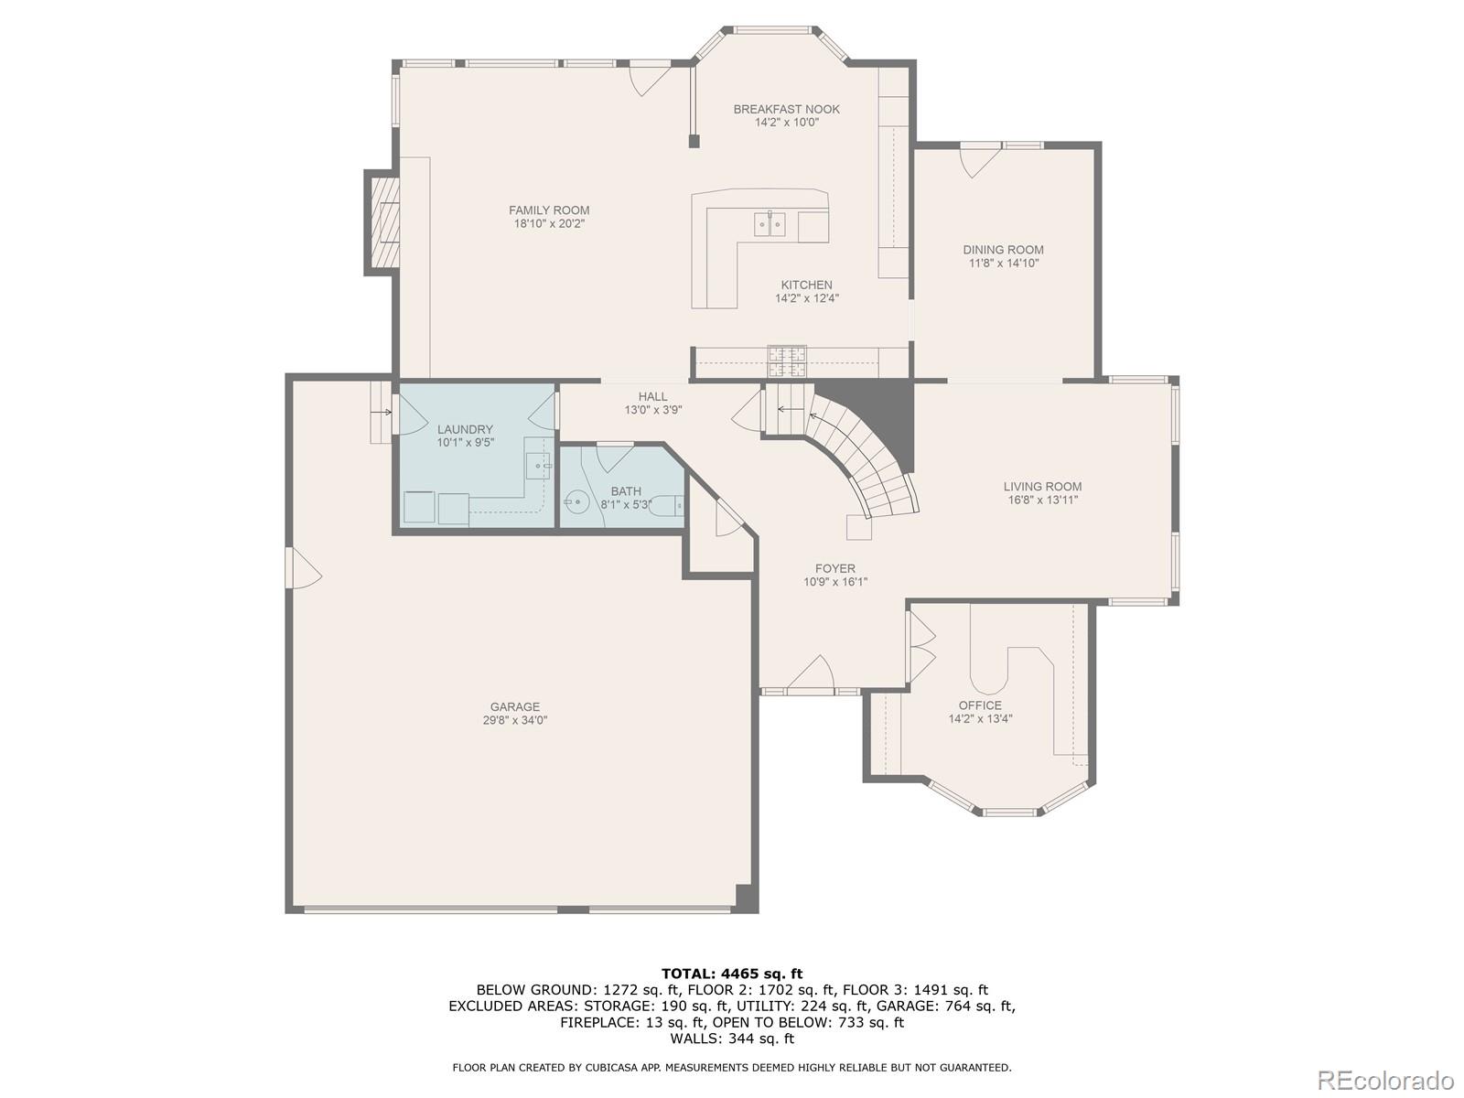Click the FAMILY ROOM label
[549, 210]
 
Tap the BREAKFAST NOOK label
[786, 109]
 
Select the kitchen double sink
[770, 223]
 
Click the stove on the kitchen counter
[787, 362]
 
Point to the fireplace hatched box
[382, 222]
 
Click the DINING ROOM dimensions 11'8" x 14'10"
[1004, 264]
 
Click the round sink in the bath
[576, 500]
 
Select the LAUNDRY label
[465, 430]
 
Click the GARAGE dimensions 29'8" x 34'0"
[515, 721]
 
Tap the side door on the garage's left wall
[304, 567]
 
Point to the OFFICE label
[981, 705]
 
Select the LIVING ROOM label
[1042, 487]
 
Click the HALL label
[653, 397]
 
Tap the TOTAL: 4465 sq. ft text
[732, 974]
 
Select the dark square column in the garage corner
[747, 898]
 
